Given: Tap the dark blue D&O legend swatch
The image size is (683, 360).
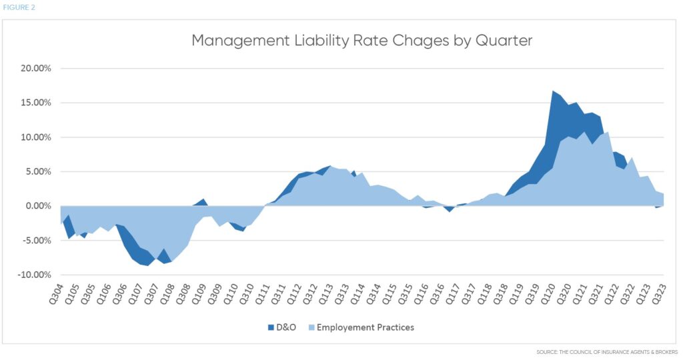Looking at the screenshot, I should pos(271,327).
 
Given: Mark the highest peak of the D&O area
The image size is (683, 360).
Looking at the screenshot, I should pos(553,91).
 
